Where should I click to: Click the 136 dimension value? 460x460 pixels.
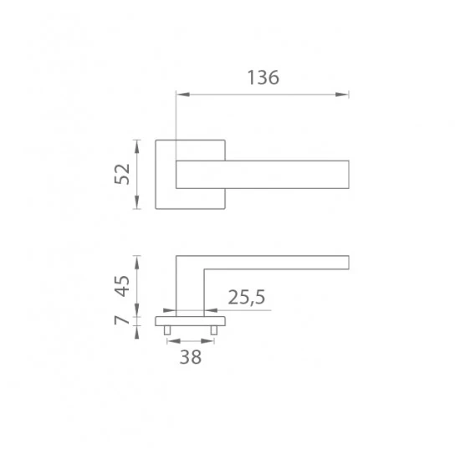263,78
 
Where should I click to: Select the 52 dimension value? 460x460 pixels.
122,174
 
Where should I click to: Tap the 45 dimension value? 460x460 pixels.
122,286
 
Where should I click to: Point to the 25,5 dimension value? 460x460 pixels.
247,297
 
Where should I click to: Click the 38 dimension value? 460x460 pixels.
191,357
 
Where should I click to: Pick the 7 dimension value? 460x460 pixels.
122,319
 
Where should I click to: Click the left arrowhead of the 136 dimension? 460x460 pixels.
183,95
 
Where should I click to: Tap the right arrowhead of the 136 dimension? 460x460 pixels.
342,95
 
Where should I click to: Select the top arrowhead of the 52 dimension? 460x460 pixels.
136,146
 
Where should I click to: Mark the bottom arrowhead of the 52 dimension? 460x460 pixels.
136,202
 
